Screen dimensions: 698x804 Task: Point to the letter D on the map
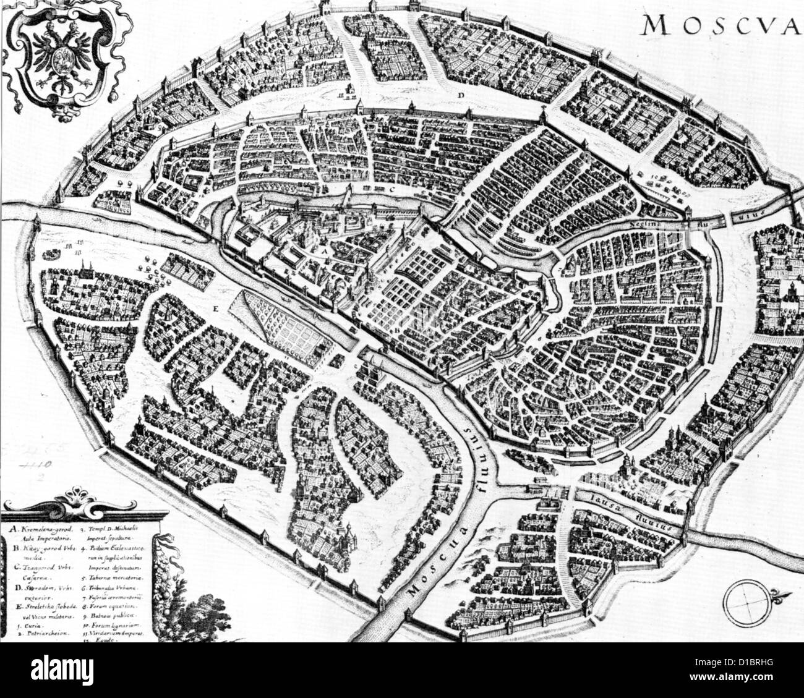461,95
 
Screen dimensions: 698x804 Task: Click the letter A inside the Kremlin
322,252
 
